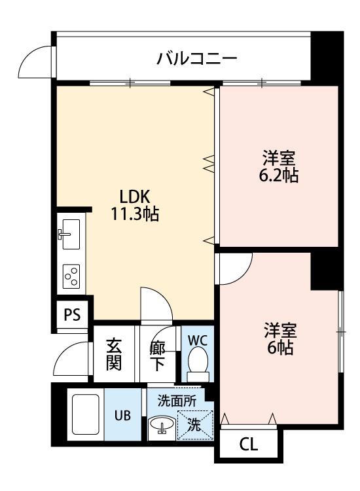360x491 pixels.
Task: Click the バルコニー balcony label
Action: point(196,58)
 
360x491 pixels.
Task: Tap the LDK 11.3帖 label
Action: point(135,206)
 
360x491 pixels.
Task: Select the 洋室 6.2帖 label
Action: point(279,166)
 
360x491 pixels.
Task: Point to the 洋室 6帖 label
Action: point(280,339)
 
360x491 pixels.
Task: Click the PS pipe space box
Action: point(72,314)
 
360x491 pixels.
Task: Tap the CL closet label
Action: point(249,444)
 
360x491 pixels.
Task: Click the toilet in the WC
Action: point(198,365)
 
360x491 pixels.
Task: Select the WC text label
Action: point(198,340)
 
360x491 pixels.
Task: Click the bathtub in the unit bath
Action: point(86,414)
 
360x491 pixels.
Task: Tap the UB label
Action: point(122,416)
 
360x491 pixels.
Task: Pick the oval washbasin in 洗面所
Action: point(162,425)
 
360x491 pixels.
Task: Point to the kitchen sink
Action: point(71,234)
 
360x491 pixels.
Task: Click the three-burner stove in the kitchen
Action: point(71,276)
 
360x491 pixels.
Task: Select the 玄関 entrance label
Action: point(114,354)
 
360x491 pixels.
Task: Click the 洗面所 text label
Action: point(177,401)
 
